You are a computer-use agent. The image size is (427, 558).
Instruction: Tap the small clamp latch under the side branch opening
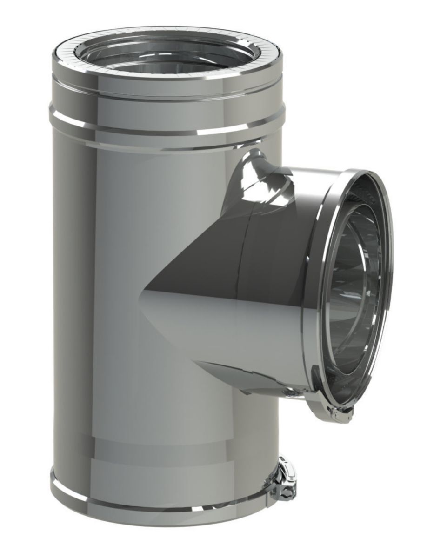(x=342, y=414)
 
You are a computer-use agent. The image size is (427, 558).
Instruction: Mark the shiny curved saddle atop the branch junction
(x=260, y=179)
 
